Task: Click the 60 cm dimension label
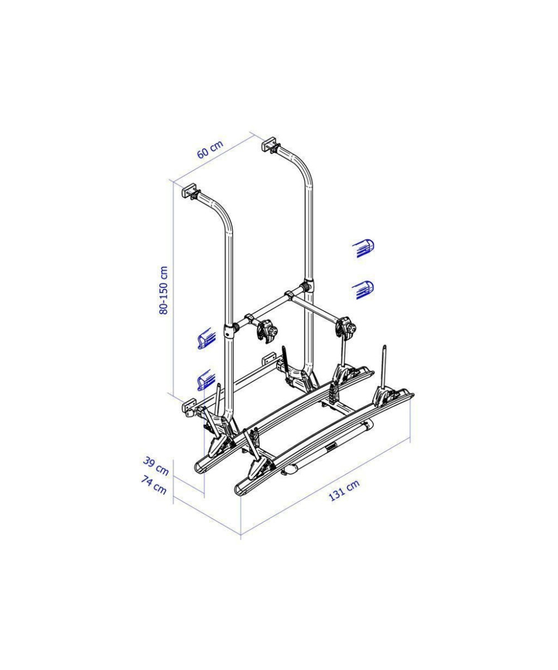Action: [210, 150]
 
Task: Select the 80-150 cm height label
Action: [163, 290]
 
